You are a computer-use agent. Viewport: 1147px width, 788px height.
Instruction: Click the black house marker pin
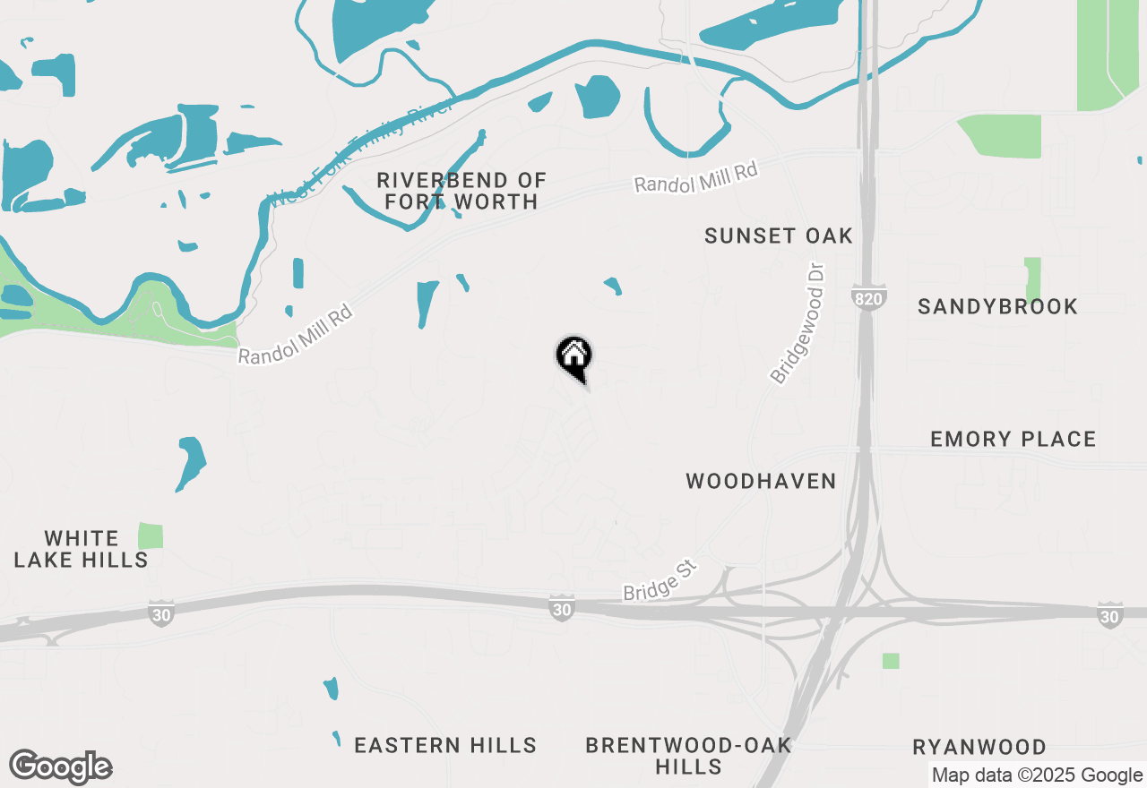coord(573,357)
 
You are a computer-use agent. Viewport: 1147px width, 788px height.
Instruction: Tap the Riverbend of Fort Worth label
coord(461,192)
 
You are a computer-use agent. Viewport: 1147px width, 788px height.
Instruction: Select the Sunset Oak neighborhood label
coord(778,236)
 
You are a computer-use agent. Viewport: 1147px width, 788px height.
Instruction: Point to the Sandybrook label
coord(997,306)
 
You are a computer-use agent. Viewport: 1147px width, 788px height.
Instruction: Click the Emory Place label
coord(1013,439)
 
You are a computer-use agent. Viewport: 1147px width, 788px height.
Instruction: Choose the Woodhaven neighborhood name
coord(761,481)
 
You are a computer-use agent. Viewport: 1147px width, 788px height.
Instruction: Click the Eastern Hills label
coord(445,745)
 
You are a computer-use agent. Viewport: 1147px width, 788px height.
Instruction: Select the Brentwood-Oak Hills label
coord(688,756)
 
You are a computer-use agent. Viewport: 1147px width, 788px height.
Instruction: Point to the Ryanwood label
coord(979,747)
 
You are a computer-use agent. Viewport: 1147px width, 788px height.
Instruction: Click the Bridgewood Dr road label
coord(797,323)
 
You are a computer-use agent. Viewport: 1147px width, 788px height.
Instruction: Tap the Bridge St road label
coord(660,582)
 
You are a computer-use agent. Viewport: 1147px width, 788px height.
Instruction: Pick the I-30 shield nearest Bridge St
coord(561,609)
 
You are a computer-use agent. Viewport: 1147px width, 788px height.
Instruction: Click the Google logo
coord(60,767)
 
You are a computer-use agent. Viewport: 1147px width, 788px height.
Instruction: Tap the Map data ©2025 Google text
coord(1037,775)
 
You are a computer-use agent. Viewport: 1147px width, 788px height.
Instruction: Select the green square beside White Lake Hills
coord(151,536)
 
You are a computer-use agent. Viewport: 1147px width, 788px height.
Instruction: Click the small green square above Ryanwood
coord(891,661)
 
